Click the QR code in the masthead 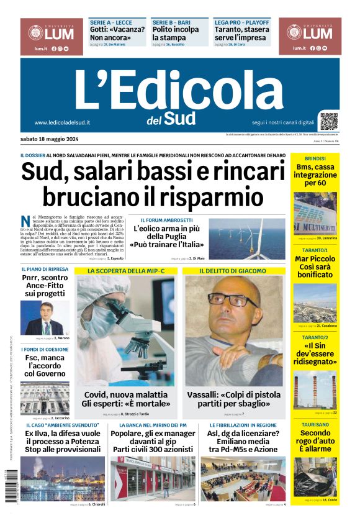click(x=329, y=121)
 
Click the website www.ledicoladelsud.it click(x=62, y=123)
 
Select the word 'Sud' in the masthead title click(x=181, y=118)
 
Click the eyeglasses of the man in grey click(x=231, y=302)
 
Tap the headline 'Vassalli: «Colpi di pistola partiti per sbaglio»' click(x=236, y=399)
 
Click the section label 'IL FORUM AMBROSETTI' click(x=166, y=220)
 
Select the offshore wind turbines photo click(x=246, y=238)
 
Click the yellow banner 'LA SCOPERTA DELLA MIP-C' click(x=126, y=271)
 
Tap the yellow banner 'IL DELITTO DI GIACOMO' click(x=233, y=271)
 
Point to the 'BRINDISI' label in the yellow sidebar click(x=315, y=158)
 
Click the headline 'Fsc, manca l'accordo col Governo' click(x=45, y=365)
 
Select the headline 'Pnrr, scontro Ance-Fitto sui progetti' click(x=45, y=285)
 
